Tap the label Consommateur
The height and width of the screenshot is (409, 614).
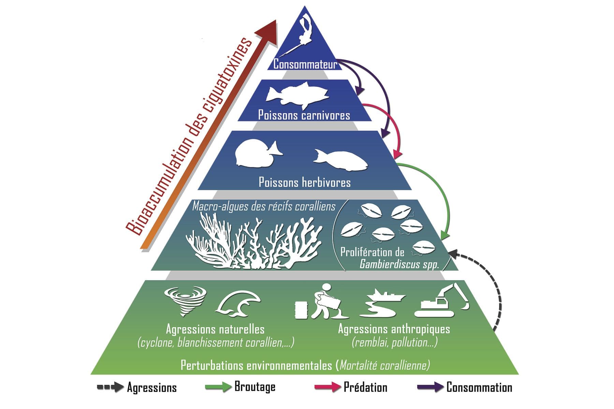click(305, 64)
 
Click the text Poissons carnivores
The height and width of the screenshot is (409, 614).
click(304, 115)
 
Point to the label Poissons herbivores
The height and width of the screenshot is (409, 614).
click(305, 182)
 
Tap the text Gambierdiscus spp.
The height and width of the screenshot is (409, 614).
click(399, 264)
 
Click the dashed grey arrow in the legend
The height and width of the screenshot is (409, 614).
click(110, 387)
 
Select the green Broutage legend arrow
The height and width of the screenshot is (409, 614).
click(218, 387)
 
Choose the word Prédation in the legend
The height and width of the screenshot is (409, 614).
click(365, 387)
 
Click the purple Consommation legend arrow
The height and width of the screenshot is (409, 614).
click(430, 387)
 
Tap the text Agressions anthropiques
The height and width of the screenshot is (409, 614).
click(394, 329)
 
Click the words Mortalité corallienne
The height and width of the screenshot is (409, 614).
click(384, 365)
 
